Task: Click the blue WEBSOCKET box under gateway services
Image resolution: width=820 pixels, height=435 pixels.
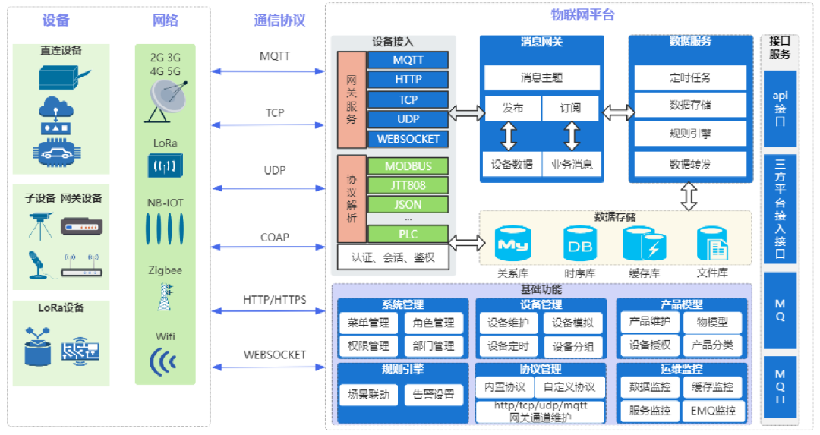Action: point(408,139)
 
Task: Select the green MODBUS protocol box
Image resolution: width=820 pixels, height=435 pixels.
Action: point(408,166)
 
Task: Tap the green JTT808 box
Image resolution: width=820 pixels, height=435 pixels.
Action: point(408,185)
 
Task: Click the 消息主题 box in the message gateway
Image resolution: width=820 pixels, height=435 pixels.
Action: point(542,77)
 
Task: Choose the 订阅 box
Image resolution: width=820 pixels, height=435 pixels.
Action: point(570,109)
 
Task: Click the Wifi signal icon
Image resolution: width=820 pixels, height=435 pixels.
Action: point(163,361)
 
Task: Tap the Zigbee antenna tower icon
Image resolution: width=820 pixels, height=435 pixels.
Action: point(164,297)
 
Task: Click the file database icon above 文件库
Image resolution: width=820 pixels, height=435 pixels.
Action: point(712,244)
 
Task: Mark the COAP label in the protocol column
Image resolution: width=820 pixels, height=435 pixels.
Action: point(274,238)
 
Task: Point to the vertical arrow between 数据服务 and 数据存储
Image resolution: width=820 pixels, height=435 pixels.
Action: point(689,197)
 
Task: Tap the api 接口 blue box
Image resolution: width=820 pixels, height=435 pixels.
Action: point(780,109)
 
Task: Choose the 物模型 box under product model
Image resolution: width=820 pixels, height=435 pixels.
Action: point(712,322)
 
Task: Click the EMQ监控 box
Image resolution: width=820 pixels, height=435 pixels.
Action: point(712,411)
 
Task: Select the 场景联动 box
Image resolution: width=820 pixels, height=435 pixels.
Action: point(368,394)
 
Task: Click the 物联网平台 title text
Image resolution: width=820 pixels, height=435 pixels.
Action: point(582,14)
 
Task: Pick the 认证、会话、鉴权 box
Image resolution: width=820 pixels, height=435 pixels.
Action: point(393,257)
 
